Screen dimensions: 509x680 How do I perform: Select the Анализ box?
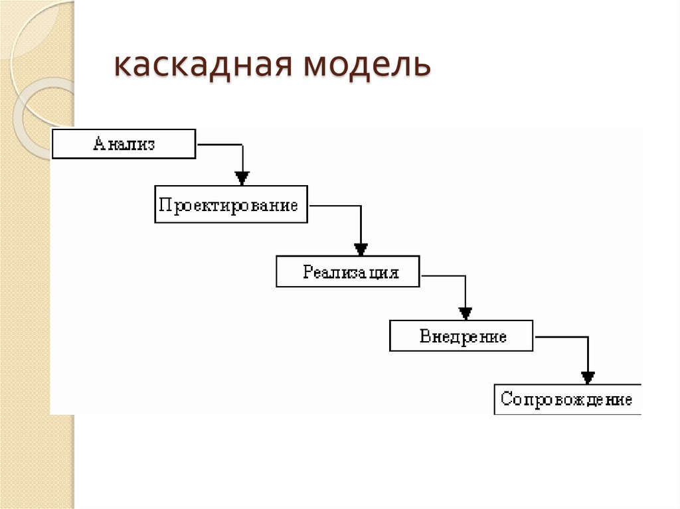point(124,144)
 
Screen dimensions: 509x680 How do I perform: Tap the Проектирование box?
point(231,205)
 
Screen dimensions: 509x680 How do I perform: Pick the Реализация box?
point(347,272)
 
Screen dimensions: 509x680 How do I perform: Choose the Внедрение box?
point(461,336)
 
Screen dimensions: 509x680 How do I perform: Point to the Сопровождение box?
point(567,400)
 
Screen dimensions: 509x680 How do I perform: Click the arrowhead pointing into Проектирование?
point(242,178)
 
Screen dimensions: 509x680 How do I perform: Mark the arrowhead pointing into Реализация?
point(361,250)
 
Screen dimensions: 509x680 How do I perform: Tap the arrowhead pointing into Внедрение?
point(466,313)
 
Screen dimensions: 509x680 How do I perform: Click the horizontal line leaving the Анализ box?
point(219,144)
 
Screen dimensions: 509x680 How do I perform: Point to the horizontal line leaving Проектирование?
point(335,206)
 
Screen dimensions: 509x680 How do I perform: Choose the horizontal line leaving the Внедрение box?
point(561,337)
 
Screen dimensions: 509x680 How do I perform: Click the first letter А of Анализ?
point(99,144)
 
